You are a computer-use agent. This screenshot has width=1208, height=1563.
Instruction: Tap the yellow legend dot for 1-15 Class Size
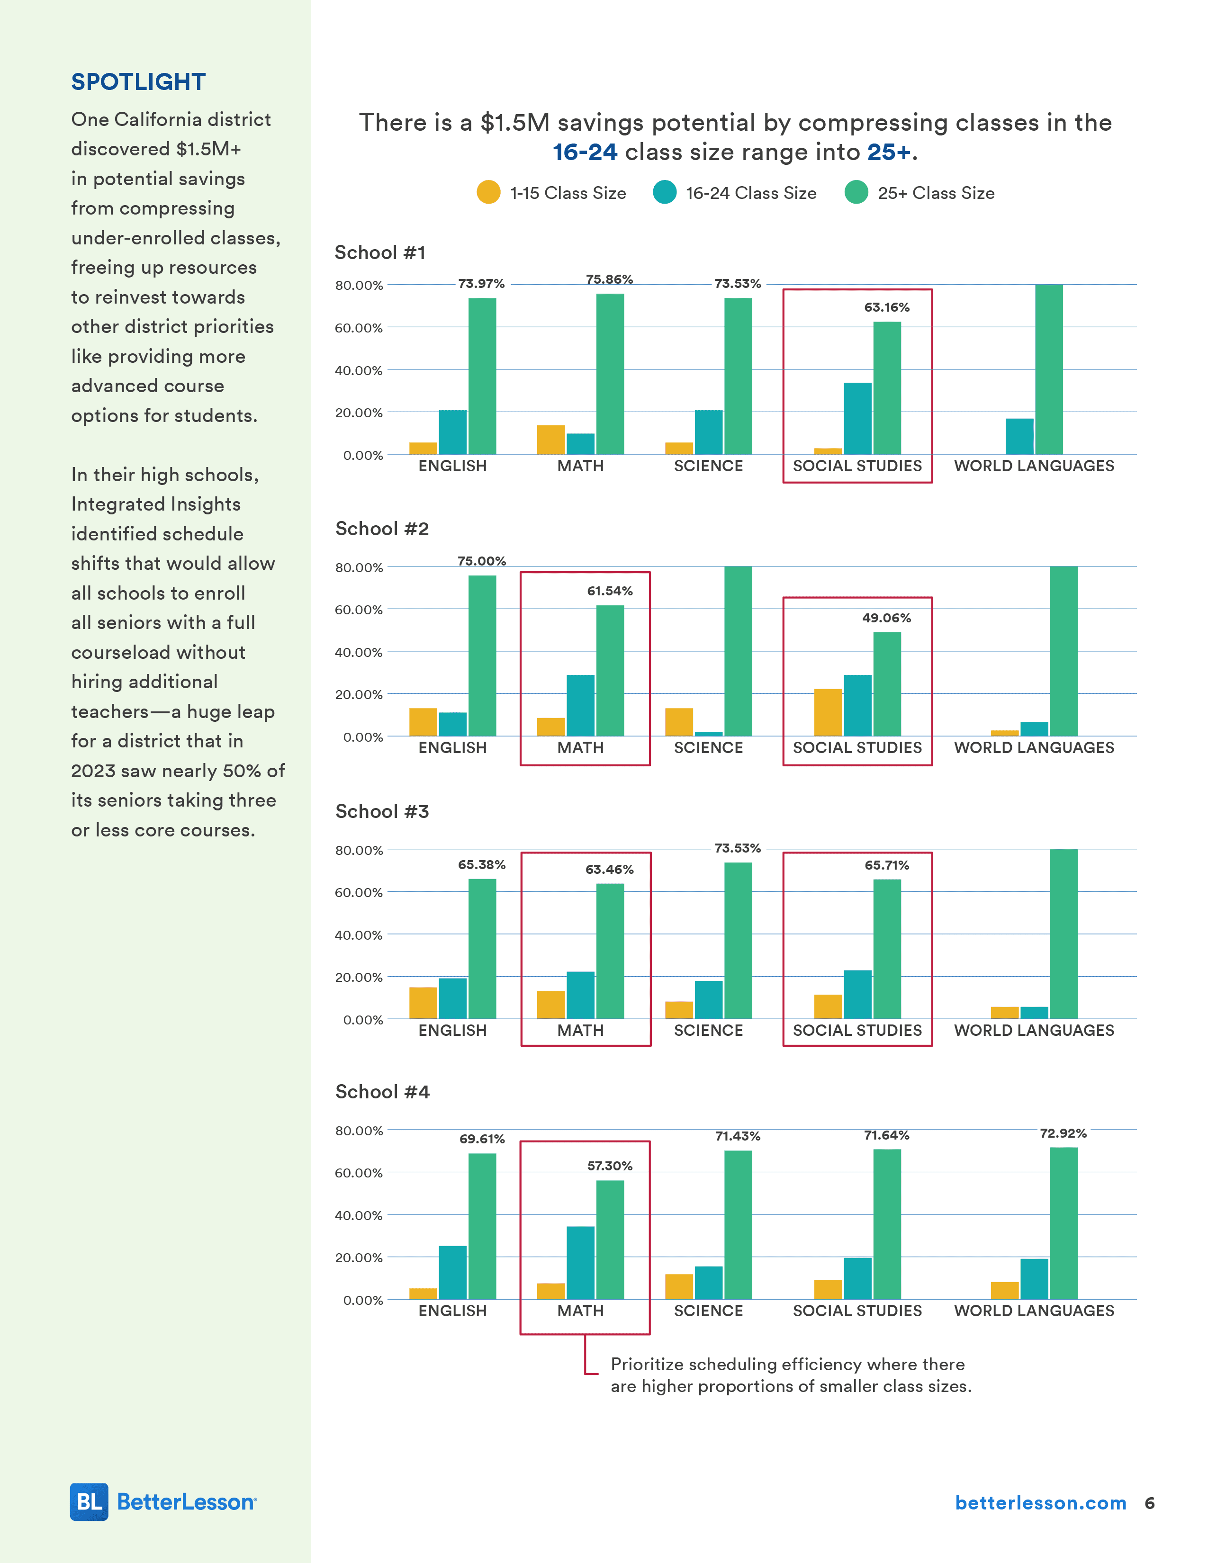pyautogui.click(x=489, y=192)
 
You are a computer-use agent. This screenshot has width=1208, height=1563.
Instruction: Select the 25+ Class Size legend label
pyautogui.click(x=935, y=193)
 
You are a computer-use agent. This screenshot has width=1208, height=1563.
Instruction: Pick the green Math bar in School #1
pyautogui.click(x=610, y=374)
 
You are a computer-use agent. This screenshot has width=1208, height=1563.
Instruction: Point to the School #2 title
pyautogui.click(x=382, y=529)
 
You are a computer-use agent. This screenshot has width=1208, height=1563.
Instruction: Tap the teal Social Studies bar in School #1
pyautogui.click(x=857, y=418)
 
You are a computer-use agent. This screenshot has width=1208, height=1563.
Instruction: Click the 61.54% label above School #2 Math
pyautogui.click(x=610, y=591)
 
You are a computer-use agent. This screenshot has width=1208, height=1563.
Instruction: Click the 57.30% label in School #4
pyautogui.click(x=610, y=1166)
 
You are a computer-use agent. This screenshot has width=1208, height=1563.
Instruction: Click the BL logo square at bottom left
pyautogui.click(x=89, y=1501)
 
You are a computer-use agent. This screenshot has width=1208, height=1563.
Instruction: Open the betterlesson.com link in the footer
pyautogui.click(x=1041, y=1503)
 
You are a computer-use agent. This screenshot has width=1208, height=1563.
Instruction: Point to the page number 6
pyautogui.click(x=1149, y=1503)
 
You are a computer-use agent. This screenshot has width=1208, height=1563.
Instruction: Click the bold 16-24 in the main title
pyautogui.click(x=585, y=153)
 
